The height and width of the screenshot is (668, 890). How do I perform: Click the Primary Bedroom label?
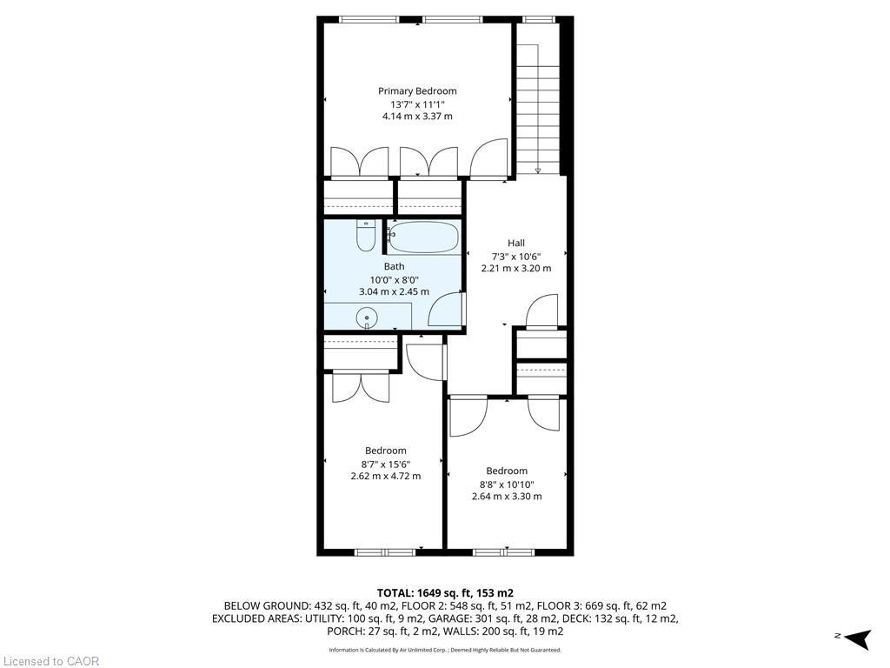[417, 91]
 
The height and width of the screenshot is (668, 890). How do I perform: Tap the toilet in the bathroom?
[366, 235]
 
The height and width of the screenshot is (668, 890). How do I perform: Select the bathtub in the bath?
[423, 238]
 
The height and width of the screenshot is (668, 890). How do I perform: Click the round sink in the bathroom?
[368, 318]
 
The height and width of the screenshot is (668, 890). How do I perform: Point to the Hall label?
[516, 244]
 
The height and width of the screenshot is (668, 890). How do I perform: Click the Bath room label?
[394, 267]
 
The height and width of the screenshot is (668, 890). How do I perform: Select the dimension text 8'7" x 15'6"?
[385, 464]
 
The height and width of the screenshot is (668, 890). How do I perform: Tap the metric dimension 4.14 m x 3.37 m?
[417, 117]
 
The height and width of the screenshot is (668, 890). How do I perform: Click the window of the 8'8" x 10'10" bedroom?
[503, 551]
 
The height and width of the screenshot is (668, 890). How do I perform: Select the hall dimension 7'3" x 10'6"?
[516, 256]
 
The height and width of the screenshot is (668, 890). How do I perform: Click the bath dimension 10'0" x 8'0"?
[394, 280]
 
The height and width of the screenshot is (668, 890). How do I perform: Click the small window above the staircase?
[538, 18]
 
